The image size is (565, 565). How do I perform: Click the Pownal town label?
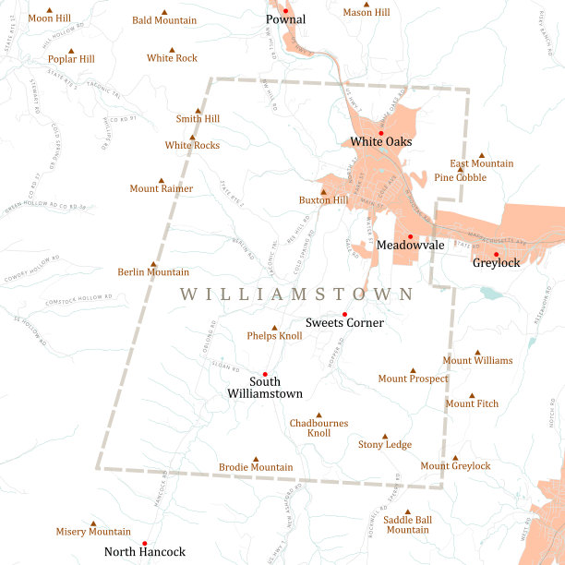(285, 19)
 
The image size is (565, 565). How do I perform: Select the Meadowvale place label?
(410, 246)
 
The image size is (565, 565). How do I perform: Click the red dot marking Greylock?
(496, 254)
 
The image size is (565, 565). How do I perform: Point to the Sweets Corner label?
(344, 323)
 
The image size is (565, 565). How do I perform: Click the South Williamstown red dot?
(265, 374)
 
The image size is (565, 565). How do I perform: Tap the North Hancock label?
(145, 552)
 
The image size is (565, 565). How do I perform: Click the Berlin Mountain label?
(153, 272)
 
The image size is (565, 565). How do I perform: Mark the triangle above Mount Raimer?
(162, 181)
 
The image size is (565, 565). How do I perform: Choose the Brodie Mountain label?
(256, 468)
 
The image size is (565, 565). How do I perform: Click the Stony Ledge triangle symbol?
(385, 437)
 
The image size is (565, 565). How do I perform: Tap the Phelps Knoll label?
(274, 337)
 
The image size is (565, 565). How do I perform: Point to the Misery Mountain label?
(93, 532)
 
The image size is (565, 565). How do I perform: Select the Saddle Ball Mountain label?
(407, 525)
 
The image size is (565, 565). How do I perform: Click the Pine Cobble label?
(460, 177)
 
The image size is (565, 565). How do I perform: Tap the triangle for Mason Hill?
(367, 5)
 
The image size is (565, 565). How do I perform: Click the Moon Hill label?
(49, 18)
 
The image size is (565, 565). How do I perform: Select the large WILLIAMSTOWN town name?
(296, 295)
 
